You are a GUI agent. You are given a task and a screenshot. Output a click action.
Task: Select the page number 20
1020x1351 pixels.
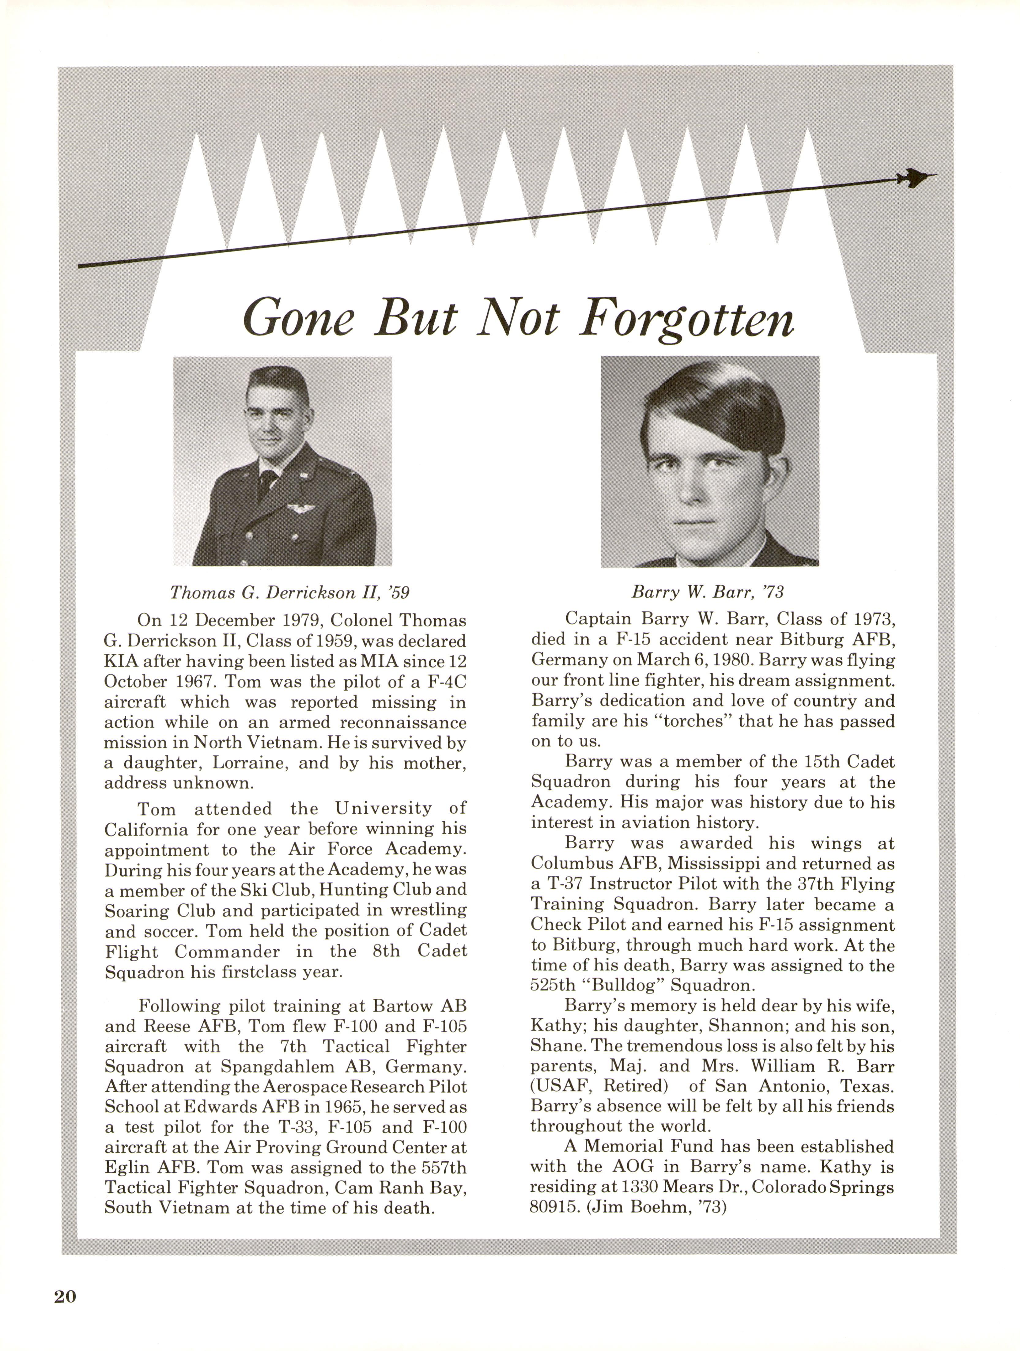[65, 1296]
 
